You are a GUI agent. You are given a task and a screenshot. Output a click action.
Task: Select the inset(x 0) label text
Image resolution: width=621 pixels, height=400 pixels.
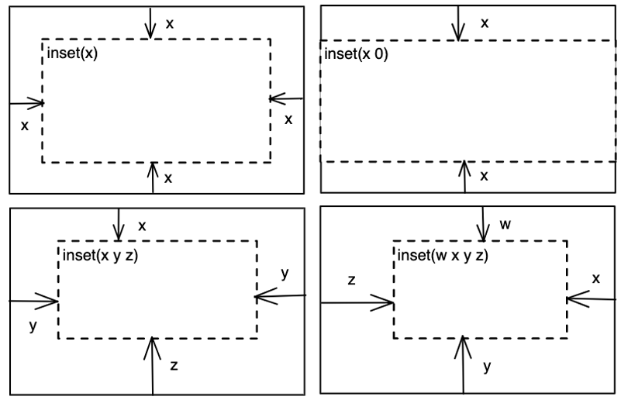[x=355, y=55]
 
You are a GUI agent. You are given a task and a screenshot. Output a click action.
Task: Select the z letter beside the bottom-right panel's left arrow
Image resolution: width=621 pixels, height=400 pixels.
[x=352, y=280]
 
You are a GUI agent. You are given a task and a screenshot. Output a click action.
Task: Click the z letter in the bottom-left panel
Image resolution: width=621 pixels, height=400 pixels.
[x=174, y=366]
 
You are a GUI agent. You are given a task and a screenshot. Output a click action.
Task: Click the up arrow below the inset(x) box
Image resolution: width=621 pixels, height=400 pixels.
[x=154, y=178]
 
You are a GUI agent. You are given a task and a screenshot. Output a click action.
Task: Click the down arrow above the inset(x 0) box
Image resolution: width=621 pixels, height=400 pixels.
[x=459, y=22]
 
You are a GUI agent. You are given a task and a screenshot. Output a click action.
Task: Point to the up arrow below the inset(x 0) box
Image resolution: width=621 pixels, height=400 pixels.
[x=465, y=177]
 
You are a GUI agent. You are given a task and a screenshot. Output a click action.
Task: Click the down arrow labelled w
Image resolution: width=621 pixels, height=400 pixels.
[x=484, y=223]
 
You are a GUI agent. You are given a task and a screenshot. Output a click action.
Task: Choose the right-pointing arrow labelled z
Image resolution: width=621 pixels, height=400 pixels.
[x=357, y=303]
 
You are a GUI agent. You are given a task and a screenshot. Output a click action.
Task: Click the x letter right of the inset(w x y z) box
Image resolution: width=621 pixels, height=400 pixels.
[x=595, y=278]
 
